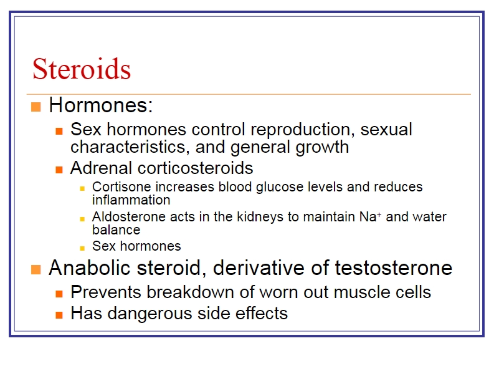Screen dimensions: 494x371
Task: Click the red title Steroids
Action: (82, 69)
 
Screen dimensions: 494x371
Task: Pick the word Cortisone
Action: (121, 187)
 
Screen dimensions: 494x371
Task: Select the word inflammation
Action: (131, 200)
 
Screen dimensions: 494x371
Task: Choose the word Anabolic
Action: (90, 268)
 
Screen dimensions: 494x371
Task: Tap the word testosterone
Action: (393, 268)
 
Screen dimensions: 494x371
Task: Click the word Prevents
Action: (106, 292)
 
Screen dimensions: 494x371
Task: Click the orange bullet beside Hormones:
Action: (36, 107)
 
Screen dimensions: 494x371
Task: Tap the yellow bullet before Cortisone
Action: (82, 189)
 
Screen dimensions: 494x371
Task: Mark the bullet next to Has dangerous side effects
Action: (59, 315)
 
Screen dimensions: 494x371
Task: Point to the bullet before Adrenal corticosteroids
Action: (59, 170)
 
